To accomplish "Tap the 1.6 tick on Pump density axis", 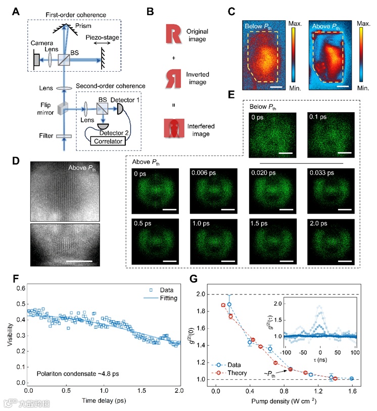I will click(352, 390).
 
